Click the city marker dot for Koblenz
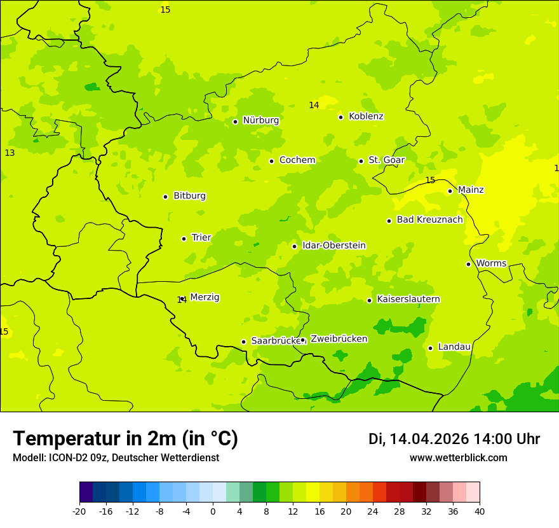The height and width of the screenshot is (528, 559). tap(340, 117)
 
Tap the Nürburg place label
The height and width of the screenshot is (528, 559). tap(260, 120)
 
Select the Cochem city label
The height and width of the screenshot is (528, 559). tap(297, 160)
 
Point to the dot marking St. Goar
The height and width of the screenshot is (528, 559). tap(361, 161)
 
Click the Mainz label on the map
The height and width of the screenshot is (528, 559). tap(471, 190)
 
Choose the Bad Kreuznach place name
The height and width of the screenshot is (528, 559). tap(429, 220)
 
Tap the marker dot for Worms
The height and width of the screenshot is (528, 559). tap(468, 264)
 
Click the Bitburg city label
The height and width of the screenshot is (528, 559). tap(189, 196)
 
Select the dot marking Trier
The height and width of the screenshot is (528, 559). tap(184, 239)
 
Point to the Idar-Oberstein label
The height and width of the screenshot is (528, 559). tap(333, 246)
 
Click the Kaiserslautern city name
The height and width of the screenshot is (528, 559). tap(408, 300)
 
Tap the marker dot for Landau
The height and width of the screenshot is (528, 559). tap(430, 348)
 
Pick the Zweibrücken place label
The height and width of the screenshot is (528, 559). tap(339, 339)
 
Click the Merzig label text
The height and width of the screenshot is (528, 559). tap(205, 297)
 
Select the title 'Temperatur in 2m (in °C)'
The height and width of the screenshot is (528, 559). tap(125, 439)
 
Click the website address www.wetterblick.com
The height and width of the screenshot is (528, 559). tap(458, 458)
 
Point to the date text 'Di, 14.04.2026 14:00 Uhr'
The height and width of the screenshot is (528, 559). tap(454, 439)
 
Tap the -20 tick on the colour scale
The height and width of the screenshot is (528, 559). tap(79, 511)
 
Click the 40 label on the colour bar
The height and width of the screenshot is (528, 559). tap(480, 511)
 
